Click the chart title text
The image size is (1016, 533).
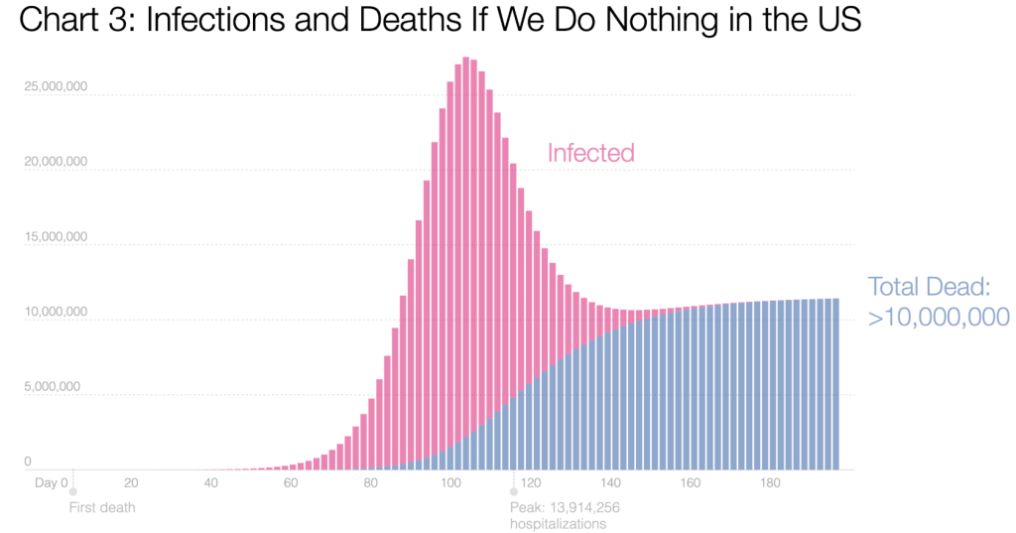(x=440, y=22)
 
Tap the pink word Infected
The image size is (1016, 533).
(x=590, y=153)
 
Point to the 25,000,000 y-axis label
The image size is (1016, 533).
(x=55, y=86)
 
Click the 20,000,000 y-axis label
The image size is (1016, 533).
(x=55, y=162)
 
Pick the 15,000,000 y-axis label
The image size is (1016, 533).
(x=55, y=237)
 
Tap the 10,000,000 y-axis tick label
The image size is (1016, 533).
(x=55, y=313)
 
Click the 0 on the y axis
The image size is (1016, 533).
(x=28, y=462)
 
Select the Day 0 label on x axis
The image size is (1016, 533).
(x=52, y=483)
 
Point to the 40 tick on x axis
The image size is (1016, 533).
(x=210, y=483)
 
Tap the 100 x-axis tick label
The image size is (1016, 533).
(x=449, y=483)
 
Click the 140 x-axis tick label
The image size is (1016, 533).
(x=610, y=483)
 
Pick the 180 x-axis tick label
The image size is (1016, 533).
(x=770, y=483)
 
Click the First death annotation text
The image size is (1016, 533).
(x=102, y=507)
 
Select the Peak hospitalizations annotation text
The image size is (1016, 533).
(x=565, y=515)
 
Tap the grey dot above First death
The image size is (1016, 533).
(x=72, y=491)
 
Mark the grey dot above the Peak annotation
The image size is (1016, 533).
(x=514, y=491)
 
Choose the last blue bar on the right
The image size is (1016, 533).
(x=835, y=387)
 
